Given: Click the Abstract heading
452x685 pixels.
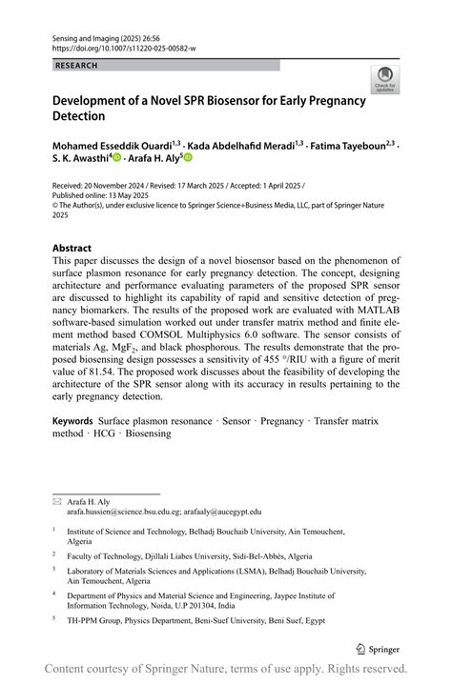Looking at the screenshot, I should (x=72, y=248).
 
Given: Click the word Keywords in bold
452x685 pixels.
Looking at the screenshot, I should (x=72, y=420).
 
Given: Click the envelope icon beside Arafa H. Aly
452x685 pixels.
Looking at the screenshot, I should (x=57, y=500).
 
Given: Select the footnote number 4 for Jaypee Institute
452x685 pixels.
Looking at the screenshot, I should (x=55, y=592).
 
